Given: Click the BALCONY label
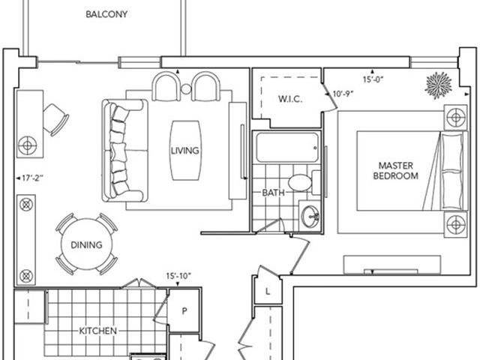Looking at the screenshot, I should (106, 14).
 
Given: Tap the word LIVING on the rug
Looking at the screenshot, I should (184, 151).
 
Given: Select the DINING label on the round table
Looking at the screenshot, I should (86, 244).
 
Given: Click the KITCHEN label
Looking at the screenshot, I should (97, 330).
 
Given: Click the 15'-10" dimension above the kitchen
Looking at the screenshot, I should (178, 276).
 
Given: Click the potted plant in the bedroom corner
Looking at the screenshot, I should (437, 85).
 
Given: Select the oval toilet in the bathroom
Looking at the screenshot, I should (299, 183).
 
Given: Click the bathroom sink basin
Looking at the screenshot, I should (309, 217).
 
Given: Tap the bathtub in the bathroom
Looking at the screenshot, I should (288, 148).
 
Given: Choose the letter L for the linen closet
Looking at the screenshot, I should (268, 290).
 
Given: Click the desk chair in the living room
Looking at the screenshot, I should (55, 118).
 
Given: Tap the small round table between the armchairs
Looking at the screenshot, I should (185, 89).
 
